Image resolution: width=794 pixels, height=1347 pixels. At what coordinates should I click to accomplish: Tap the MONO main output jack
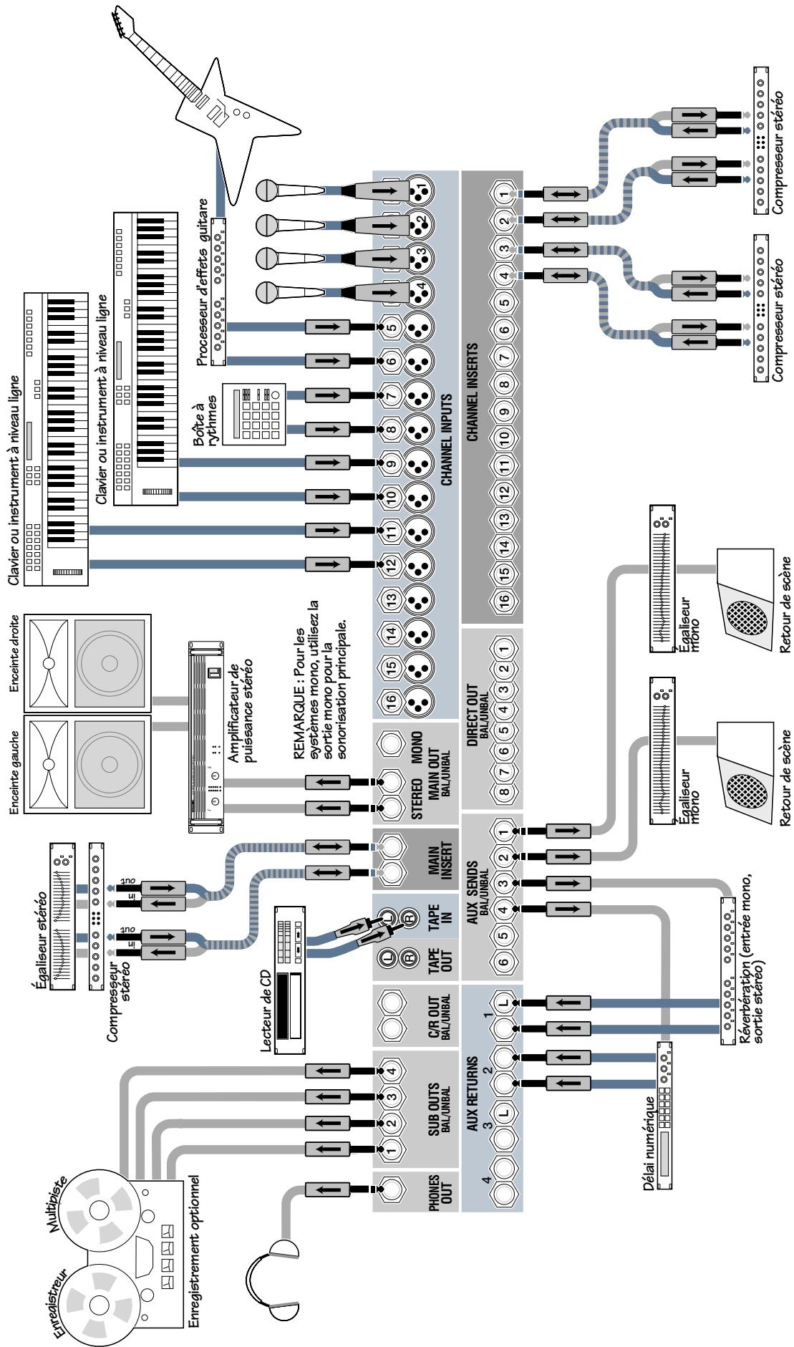point(392,745)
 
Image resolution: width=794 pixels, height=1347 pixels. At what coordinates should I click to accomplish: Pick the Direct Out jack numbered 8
point(504,793)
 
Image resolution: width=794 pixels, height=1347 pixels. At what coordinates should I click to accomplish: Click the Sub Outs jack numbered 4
point(391,1072)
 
